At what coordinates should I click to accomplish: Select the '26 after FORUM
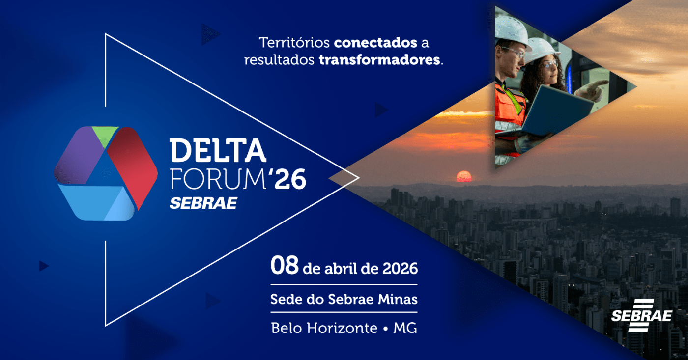(288, 179)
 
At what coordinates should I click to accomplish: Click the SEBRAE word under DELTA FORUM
(203, 202)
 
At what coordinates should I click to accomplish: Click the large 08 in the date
(285, 267)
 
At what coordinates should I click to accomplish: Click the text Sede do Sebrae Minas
(344, 299)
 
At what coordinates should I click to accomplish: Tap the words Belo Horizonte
(324, 328)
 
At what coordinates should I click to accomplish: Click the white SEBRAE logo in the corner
(641, 314)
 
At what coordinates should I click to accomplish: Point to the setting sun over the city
(464, 176)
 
